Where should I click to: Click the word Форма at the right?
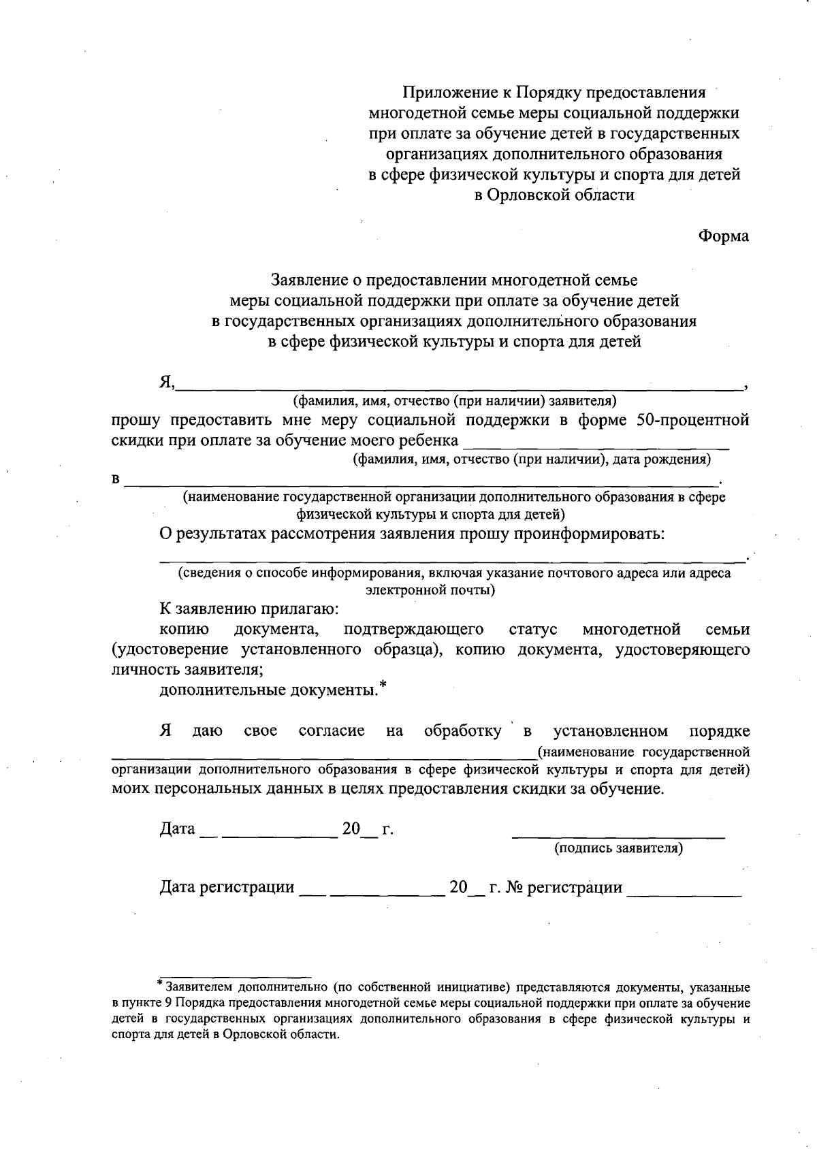tap(723, 236)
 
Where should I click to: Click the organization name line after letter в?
tap(422, 482)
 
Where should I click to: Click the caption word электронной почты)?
tap(430, 590)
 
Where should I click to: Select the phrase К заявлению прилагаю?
tap(249, 609)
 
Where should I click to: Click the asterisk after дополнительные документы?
tap(383, 685)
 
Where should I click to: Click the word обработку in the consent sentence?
tap(462, 731)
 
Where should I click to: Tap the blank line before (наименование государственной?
tap(323, 754)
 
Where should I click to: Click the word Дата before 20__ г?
tap(177, 829)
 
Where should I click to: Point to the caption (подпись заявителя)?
tap(618, 848)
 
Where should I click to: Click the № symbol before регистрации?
tap(514, 887)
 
